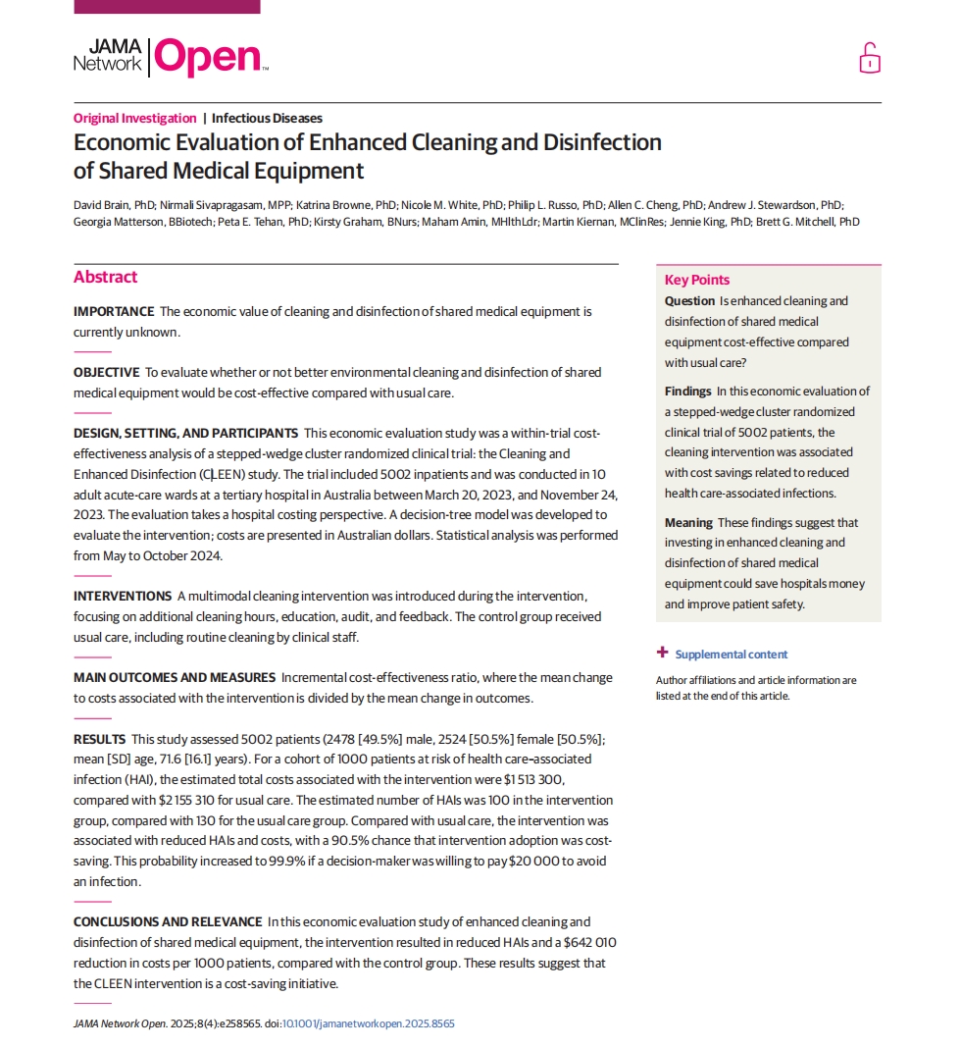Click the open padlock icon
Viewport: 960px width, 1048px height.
869,59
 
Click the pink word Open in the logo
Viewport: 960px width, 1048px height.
208,58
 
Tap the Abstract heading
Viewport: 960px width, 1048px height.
105,277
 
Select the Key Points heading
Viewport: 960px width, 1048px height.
697,280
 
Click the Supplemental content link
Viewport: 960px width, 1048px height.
731,655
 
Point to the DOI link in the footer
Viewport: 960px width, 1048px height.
368,1023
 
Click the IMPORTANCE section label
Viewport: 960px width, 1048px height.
114,312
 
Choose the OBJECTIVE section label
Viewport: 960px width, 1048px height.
106,372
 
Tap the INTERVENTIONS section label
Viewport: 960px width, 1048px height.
123,596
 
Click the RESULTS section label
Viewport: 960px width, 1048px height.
99,738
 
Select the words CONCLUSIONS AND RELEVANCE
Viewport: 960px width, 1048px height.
168,921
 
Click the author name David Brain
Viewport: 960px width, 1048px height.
102,205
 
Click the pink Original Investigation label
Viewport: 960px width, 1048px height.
134,119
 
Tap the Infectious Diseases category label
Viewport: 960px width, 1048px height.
267,119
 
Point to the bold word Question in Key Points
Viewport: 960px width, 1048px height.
689,301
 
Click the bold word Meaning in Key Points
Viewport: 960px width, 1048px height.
688,522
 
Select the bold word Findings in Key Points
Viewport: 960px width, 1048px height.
687,391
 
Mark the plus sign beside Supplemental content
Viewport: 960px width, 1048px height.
663,653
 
